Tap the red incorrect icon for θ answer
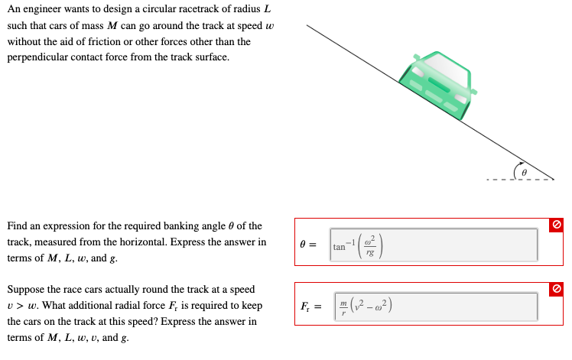click(558, 224)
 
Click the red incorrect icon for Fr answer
click(558, 288)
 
